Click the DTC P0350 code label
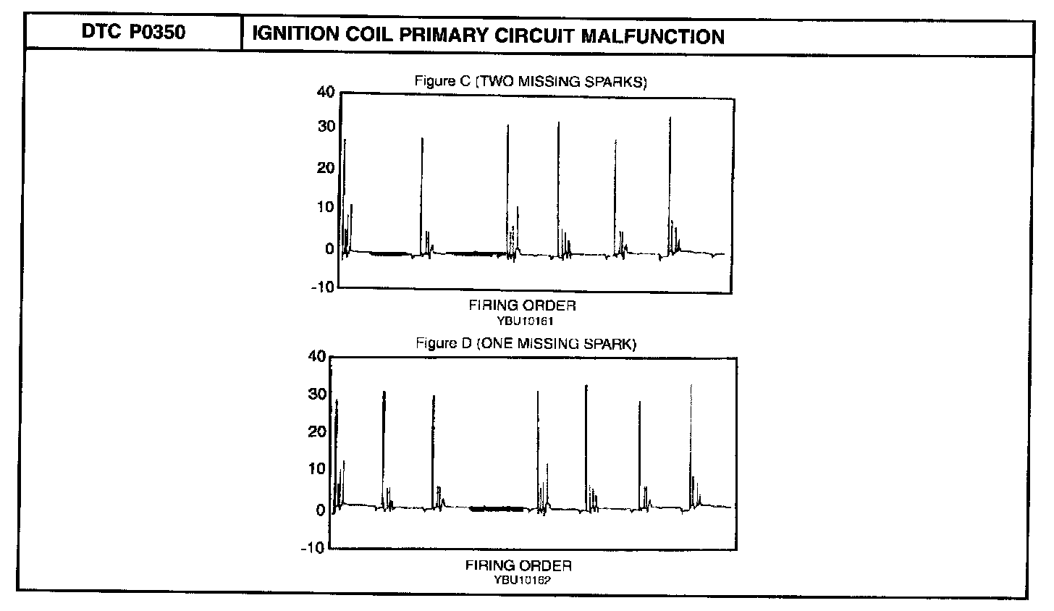[132, 34]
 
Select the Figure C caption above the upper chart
[531, 81]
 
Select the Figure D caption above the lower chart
[526, 344]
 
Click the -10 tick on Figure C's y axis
[323, 287]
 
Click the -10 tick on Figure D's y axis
[313, 547]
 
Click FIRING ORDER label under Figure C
[522, 306]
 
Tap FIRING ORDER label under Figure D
[518, 565]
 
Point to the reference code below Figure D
[519, 579]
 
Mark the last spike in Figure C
[670, 181]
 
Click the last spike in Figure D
[691, 442]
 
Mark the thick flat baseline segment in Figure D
[497, 509]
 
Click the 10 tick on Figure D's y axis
[318, 468]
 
